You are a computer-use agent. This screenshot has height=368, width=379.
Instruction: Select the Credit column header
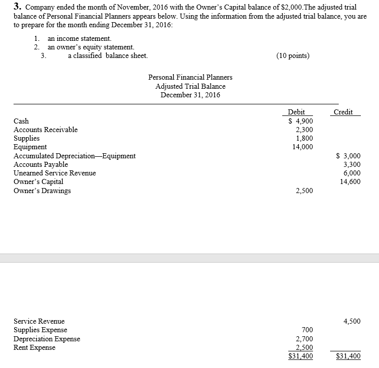343,112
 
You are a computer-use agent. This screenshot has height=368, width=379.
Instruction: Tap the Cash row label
21,121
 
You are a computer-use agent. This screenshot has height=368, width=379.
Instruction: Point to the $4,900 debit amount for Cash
300,121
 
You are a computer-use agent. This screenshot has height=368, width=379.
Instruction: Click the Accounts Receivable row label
45,130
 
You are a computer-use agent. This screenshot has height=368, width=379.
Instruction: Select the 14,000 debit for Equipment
302,147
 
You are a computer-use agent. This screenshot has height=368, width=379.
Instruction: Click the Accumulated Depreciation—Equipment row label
74,156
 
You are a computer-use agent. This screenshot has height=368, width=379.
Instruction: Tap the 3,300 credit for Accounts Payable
351,164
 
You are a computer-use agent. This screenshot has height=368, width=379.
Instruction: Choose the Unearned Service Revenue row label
54,173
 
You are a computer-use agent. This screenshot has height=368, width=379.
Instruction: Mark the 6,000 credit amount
351,173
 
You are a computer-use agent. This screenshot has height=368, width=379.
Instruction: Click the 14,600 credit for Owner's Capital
350,181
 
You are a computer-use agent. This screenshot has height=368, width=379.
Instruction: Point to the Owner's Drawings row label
42,191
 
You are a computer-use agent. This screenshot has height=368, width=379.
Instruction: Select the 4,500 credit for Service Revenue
351,321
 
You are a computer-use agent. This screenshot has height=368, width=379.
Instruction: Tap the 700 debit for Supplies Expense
307,330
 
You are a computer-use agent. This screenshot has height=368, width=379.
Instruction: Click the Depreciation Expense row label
46,339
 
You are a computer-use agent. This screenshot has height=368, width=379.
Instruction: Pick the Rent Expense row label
34,347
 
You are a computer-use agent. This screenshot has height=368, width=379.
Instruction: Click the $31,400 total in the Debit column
300,356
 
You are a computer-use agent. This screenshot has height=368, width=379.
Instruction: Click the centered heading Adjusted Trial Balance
191,86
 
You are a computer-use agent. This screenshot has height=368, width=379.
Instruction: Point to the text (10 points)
293,55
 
